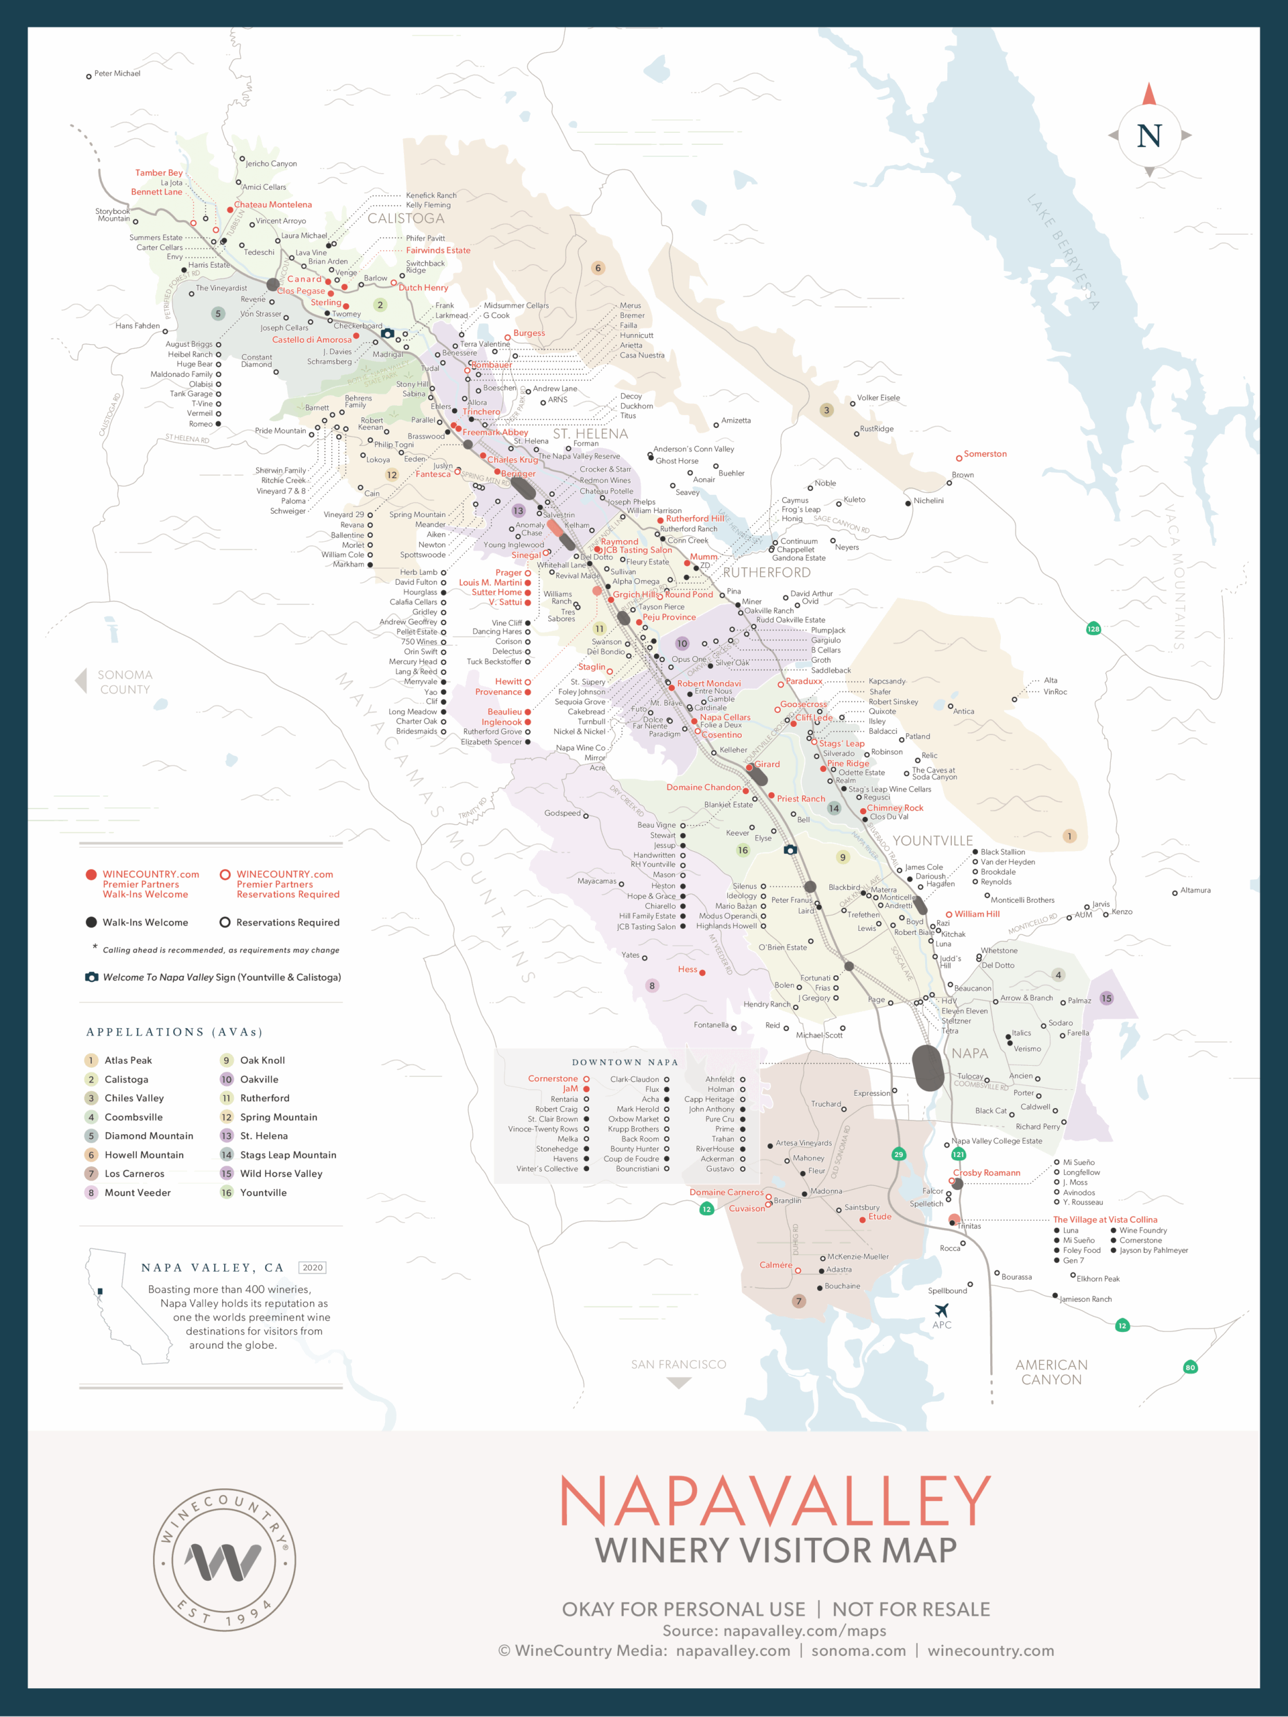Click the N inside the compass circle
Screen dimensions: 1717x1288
tap(1149, 136)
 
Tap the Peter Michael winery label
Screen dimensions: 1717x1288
tap(117, 74)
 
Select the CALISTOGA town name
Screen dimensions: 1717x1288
tap(405, 219)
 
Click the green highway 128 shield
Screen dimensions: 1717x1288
tap(1093, 628)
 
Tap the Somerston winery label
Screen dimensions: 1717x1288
tap(984, 454)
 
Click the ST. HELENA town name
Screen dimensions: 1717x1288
tap(590, 434)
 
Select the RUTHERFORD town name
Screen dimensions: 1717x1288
tap(766, 573)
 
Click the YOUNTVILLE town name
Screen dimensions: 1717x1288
tap(932, 840)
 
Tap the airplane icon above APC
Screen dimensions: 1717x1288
tap(941, 1311)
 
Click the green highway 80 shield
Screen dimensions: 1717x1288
tap(1190, 1368)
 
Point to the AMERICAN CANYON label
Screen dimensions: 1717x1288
tap(1051, 1372)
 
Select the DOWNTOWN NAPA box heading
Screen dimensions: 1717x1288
tap(625, 1062)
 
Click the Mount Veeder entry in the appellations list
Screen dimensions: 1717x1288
tap(138, 1193)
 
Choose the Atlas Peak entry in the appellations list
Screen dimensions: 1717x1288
tap(128, 1060)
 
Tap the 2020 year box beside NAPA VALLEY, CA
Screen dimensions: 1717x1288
tap(312, 1268)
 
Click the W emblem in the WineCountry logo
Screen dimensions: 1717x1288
tap(223, 1562)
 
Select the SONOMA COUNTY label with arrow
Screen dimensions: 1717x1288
tap(124, 682)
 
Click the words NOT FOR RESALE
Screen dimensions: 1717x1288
tap(911, 1609)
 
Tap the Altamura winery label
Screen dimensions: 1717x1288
tap(1195, 890)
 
